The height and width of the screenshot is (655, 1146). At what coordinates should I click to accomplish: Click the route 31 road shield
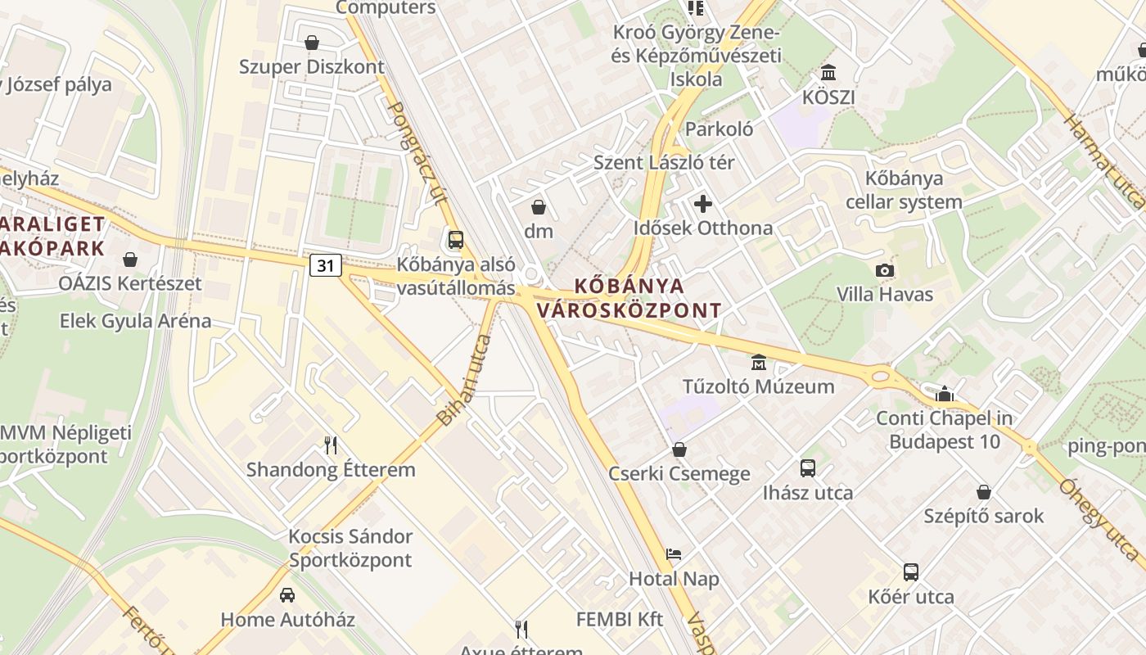[326, 265]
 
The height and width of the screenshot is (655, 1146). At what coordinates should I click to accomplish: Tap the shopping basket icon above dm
[539, 206]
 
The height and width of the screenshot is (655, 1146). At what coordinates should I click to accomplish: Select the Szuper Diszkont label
[311, 67]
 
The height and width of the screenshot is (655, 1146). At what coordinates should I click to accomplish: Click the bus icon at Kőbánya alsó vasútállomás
[456, 240]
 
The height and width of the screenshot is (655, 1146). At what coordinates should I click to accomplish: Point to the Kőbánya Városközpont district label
[629, 298]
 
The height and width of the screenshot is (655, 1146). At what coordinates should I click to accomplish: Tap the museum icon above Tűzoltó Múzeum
[759, 362]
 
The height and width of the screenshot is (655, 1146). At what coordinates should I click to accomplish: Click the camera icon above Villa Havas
[884, 270]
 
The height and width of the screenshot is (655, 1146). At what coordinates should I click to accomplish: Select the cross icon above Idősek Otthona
[703, 204]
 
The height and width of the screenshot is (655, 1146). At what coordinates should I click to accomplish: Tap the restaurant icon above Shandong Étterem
[331, 445]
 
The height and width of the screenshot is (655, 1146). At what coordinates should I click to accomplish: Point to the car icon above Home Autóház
[287, 595]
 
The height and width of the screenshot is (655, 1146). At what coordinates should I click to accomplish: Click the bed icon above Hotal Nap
[674, 554]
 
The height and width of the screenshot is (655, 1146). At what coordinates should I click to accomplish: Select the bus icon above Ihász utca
[808, 468]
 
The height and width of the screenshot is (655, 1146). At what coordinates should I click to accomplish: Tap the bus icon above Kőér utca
[911, 572]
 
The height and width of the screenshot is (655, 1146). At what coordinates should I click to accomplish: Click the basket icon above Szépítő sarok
[984, 492]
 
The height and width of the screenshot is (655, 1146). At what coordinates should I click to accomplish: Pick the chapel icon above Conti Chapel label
[945, 394]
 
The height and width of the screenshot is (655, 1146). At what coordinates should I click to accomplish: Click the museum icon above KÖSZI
[828, 73]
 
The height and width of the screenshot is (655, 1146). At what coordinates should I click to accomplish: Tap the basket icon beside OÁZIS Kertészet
[129, 260]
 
